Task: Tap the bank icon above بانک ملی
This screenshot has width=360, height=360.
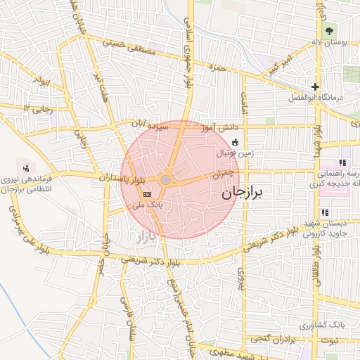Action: [x=147, y=194]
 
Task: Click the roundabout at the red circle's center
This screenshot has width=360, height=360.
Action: [x=165, y=181]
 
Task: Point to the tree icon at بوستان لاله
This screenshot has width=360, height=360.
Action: [x=329, y=30]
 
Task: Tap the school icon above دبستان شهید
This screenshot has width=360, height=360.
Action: [x=324, y=212]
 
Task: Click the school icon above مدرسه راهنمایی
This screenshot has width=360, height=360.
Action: [x=343, y=162]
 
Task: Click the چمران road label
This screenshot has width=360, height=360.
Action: [x=222, y=172]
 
